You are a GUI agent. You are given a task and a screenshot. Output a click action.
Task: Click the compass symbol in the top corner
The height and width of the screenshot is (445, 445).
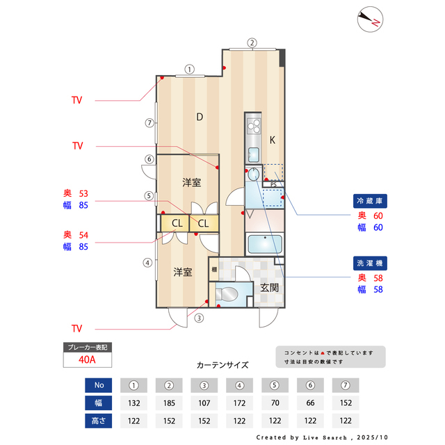pyautogui.click(x=370, y=19)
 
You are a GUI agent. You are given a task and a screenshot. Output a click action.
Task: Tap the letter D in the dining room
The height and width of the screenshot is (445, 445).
pyautogui.click(x=199, y=117)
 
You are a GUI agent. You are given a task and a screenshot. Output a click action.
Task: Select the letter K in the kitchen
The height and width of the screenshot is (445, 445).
pyautogui.click(x=273, y=140)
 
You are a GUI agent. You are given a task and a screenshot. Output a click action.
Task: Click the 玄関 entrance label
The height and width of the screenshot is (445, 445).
pyautogui.click(x=270, y=286)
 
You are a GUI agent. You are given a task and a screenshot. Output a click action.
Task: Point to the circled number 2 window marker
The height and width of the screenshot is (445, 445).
pyautogui.click(x=252, y=42)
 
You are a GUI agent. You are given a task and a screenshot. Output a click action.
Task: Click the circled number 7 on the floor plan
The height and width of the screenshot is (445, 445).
pyautogui.click(x=149, y=123)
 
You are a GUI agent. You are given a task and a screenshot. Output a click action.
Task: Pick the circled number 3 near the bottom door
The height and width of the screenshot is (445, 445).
pyautogui.click(x=199, y=318)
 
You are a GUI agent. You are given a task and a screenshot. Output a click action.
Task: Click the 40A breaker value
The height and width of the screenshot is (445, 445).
pyautogui.click(x=87, y=360)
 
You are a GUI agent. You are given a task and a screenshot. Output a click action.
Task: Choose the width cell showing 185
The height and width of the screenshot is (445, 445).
pyautogui.click(x=168, y=403)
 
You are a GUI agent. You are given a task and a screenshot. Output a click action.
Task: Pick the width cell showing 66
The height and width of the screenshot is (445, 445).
pyautogui.click(x=310, y=403)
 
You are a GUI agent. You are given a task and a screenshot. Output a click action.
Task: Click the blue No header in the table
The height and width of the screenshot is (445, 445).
pyautogui.click(x=98, y=385)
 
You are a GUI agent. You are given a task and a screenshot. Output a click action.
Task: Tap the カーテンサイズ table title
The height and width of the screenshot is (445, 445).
pyautogui.click(x=222, y=364)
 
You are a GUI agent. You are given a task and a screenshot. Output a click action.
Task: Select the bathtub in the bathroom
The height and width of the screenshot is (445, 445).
pyautogui.click(x=264, y=245)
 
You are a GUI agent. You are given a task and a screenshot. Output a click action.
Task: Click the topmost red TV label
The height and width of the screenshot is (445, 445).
pyautogui.click(x=76, y=100)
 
